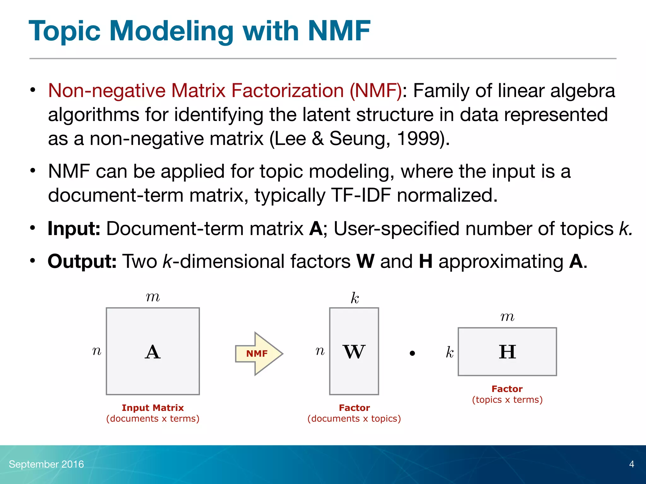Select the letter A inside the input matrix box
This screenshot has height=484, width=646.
(153, 352)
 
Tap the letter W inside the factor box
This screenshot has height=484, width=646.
(354, 352)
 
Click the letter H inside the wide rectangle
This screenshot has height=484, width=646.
(507, 352)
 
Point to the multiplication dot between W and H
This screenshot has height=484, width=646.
(412, 354)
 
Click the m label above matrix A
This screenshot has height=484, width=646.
(153, 297)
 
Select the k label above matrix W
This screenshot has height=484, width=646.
(355, 298)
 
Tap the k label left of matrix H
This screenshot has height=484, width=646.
(449, 352)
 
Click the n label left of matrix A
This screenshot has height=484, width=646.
(97, 351)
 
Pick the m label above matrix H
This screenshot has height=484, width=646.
(507, 317)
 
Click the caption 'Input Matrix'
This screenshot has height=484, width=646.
(153, 408)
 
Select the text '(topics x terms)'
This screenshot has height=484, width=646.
(507, 400)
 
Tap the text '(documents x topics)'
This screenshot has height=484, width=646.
(354, 418)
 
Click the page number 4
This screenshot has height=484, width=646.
(631, 464)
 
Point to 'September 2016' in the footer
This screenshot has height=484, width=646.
(46, 464)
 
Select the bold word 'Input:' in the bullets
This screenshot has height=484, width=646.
(74, 228)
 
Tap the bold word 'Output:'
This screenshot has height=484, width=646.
(82, 261)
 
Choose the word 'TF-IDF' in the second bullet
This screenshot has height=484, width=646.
(361, 195)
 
